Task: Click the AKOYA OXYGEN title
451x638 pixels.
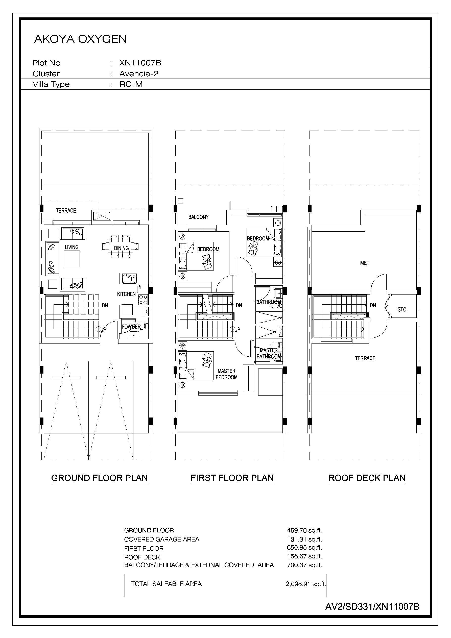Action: click(80, 39)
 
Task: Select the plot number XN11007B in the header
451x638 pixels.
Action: click(140, 63)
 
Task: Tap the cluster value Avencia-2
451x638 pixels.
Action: click(139, 74)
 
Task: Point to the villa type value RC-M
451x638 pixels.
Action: click(131, 84)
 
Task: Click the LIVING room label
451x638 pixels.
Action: click(72, 247)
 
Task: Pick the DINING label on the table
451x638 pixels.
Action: click(122, 248)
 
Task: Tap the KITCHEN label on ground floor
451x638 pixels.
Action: click(126, 294)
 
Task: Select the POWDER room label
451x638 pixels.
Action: click(131, 327)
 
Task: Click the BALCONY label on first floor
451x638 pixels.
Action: click(199, 217)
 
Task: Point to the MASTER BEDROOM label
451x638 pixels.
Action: click(227, 374)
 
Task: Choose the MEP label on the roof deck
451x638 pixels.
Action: click(365, 263)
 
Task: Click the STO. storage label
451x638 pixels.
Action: click(402, 310)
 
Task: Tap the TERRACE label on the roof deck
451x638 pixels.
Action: click(365, 358)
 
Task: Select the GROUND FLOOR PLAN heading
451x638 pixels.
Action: click(100, 478)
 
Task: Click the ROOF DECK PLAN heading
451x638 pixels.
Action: click(367, 478)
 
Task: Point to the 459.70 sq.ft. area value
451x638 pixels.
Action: click(304, 530)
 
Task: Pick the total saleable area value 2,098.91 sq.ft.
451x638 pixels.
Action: click(305, 584)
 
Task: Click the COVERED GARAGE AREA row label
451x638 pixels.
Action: click(161, 539)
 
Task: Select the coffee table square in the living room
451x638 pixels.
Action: click(72, 259)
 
